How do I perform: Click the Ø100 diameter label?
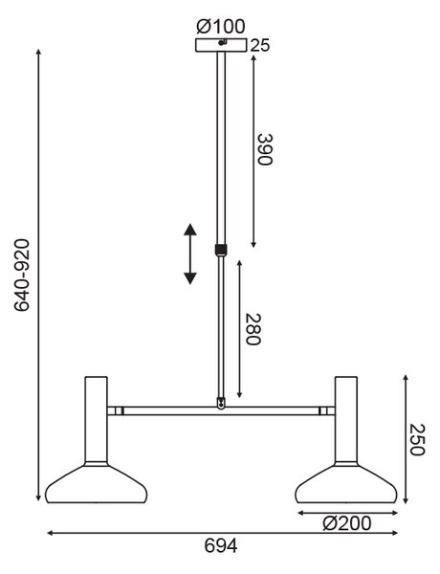click(221, 27)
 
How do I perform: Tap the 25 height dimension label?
click(260, 45)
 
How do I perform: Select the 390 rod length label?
click(265, 150)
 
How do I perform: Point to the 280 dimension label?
click(253, 329)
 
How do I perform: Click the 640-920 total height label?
click(22, 275)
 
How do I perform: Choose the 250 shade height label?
click(417, 439)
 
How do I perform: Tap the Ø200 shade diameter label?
click(346, 523)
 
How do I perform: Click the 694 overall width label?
click(221, 546)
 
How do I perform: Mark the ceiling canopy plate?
click(221, 45)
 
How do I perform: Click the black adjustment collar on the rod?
click(220, 250)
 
